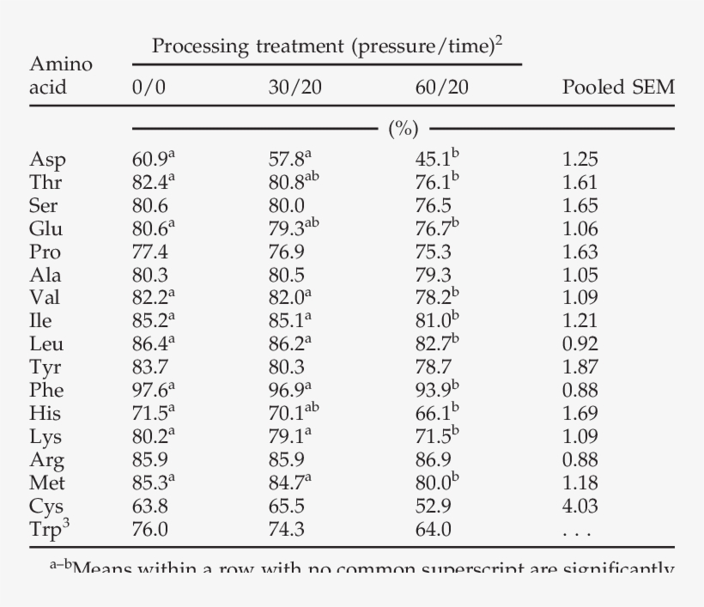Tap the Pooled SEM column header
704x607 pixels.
point(617,88)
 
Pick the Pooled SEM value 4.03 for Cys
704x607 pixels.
point(580,507)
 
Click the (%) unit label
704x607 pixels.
point(403,130)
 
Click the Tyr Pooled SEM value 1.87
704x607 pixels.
point(580,367)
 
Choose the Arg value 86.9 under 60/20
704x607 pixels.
point(434,460)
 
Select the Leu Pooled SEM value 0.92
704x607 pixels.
point(580,344)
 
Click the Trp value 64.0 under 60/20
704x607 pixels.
point(434,530)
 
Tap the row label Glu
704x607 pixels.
point(46,228)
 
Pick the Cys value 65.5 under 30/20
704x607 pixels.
point(286,507)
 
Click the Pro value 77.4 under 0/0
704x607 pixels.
point(149,252)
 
